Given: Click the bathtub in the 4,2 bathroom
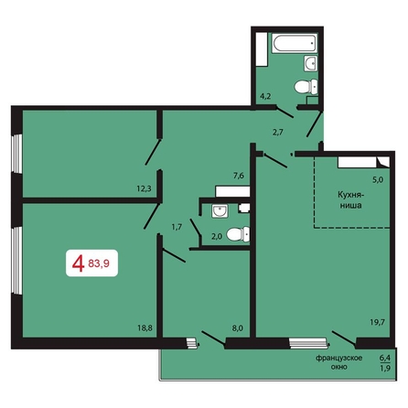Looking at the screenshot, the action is pos(295,43).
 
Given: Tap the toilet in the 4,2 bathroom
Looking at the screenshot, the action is pos(306,86).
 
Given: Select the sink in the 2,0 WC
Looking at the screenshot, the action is pos(220,211).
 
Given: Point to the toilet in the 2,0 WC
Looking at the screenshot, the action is pos(238,234).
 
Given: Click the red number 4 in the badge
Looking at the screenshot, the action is pos(78,263).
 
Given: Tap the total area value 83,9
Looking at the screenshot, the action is pos(99,263).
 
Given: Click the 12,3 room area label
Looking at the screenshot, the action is pos(144,188).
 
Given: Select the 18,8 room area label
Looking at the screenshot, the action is pos(145,328).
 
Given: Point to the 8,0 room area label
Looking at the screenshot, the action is pos(237,328).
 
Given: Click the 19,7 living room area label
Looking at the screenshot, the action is pos(378,322).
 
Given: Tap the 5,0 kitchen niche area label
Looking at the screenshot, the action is pos(378,179).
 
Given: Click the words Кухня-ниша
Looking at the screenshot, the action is pos(351,199).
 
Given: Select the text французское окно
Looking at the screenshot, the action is pos(339,362).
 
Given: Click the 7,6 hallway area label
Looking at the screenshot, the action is pos(239,176).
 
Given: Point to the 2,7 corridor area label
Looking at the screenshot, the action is pos(278,133).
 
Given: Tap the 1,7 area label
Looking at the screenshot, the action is pos(177,227).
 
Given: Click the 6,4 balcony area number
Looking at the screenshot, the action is pos(385,357).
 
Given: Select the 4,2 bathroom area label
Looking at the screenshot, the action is pos(265,96).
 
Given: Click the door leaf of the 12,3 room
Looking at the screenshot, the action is pos(153,152).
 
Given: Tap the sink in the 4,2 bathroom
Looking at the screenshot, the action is pos(311,63).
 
